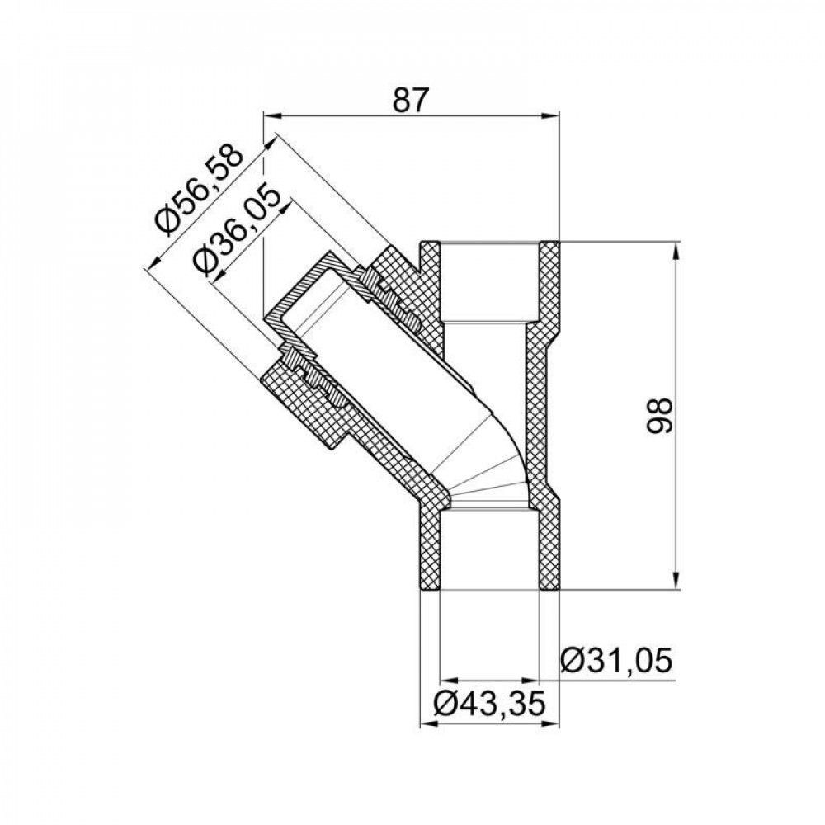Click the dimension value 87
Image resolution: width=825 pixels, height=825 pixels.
click(411, 100)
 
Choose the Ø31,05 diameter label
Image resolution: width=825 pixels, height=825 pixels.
click(615, 662)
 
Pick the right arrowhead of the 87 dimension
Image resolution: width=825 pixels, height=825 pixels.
click(554, 116)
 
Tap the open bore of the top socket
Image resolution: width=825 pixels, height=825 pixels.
click(490, 280)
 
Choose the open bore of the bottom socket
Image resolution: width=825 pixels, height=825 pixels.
click(490, 549)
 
